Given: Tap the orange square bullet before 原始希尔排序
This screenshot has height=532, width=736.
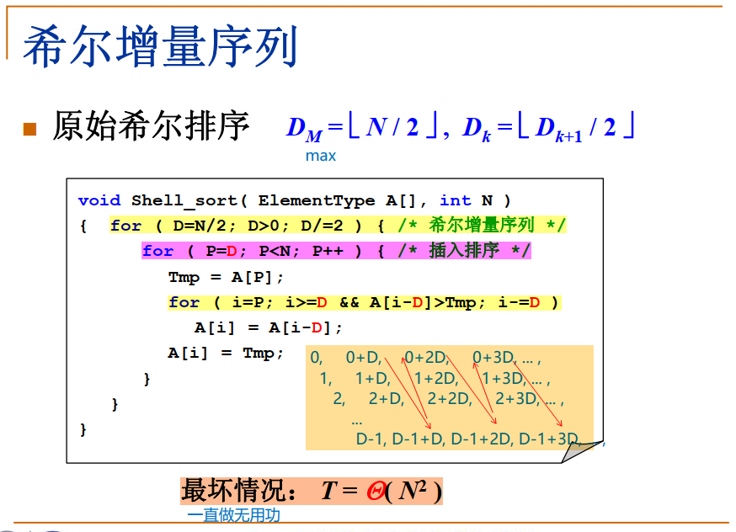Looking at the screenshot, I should (x=30, y=129).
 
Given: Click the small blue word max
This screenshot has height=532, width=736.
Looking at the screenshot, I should (x=320, y=156).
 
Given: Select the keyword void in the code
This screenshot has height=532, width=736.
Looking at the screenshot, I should (x=99, y=200).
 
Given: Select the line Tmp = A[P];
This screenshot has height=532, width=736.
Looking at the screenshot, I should (x=227, y=277).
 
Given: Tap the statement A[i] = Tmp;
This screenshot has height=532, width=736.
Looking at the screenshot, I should (x=227, y=354).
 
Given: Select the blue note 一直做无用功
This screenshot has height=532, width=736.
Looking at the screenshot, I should (x=233, y=515).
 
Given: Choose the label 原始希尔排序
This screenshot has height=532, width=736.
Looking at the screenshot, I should (x=152, y=126).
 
